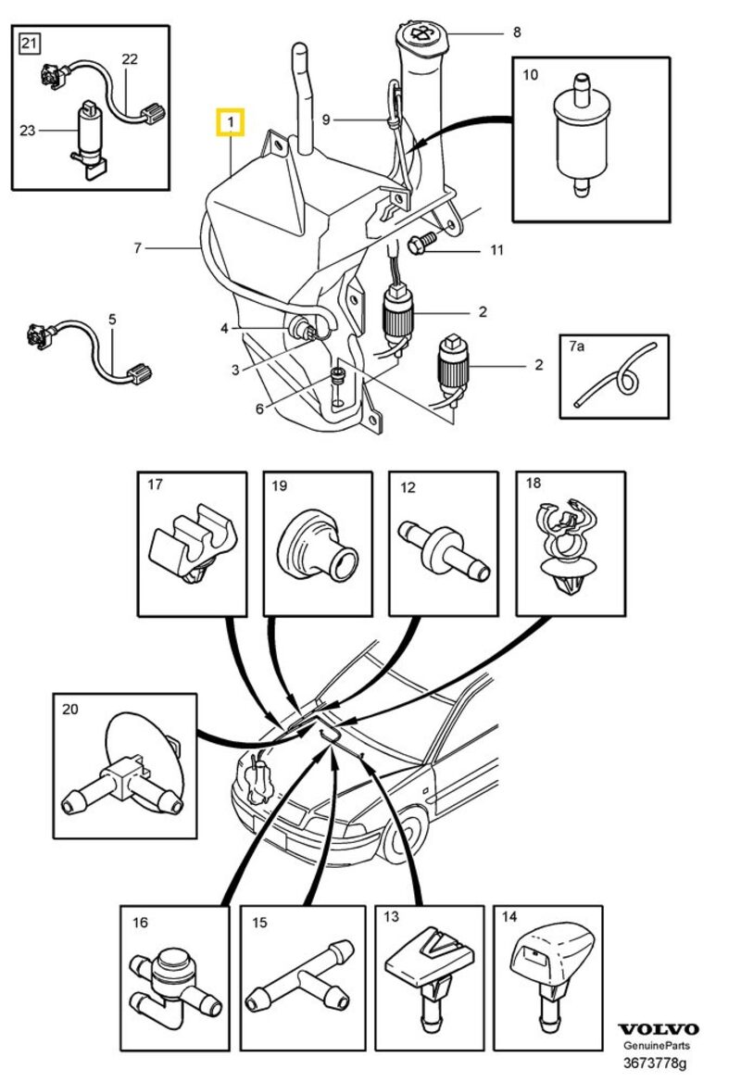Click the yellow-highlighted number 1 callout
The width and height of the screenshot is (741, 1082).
point(230,121)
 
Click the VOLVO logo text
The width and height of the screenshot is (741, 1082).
point(658,1029)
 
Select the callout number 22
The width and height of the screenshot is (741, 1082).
point(130,59)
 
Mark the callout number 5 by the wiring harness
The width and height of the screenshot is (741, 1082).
point(112,320)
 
